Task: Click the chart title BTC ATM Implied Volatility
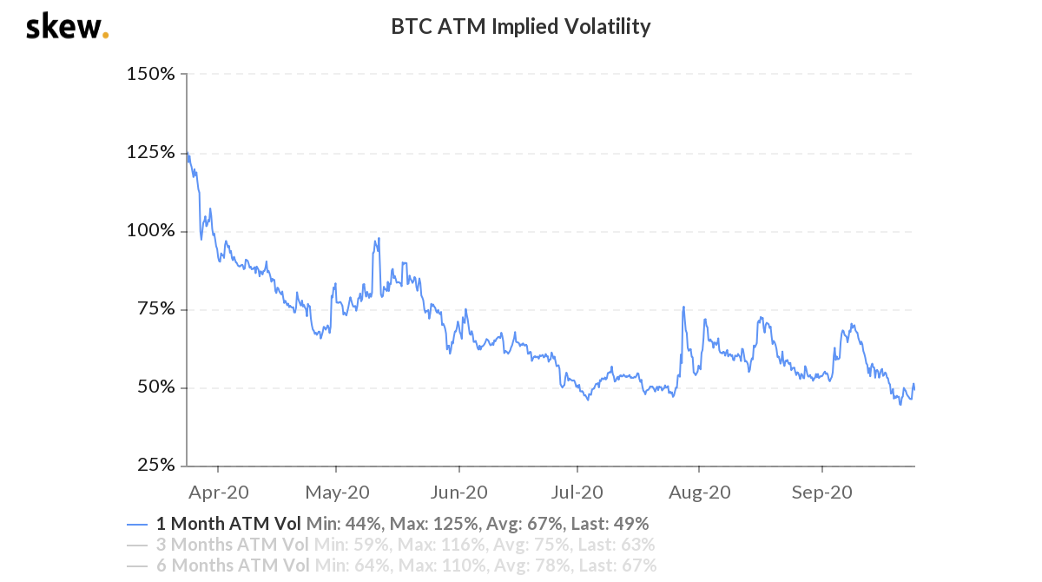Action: coord(520,27)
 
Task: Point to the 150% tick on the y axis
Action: coord(151,75)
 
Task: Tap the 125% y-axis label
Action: coord(151,153)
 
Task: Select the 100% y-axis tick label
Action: coord(151,231)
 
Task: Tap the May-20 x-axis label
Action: coord(338,493)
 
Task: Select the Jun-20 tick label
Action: coord(458,493)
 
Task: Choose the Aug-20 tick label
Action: coord(699,493)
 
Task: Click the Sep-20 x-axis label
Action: coord(821,493)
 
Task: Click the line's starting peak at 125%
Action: coord(188,154)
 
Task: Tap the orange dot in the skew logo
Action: coord(106,36)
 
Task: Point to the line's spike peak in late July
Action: coord(684,307)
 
